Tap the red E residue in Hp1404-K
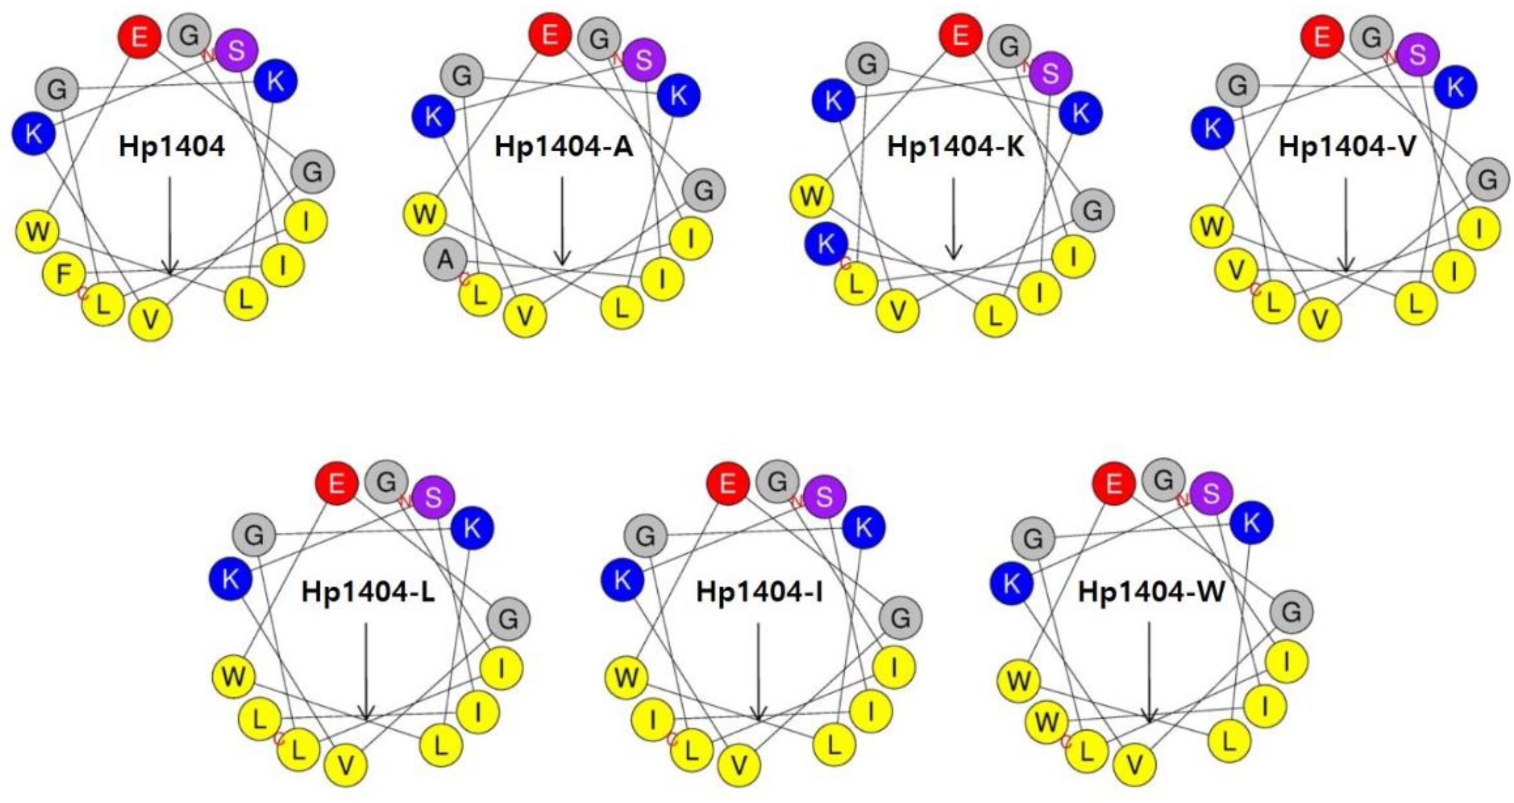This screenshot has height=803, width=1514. coord(960,35)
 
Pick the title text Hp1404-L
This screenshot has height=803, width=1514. coord(368,592)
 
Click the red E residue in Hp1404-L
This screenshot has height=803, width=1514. coord(337,484)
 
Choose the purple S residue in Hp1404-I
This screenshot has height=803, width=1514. coord(825,497)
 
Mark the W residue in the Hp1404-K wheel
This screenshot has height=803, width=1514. coord(812,196)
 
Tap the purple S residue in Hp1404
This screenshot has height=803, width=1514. coord(236,51)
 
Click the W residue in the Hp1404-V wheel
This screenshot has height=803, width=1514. coord(1212,225)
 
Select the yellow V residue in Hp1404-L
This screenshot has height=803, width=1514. coord(346,765)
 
